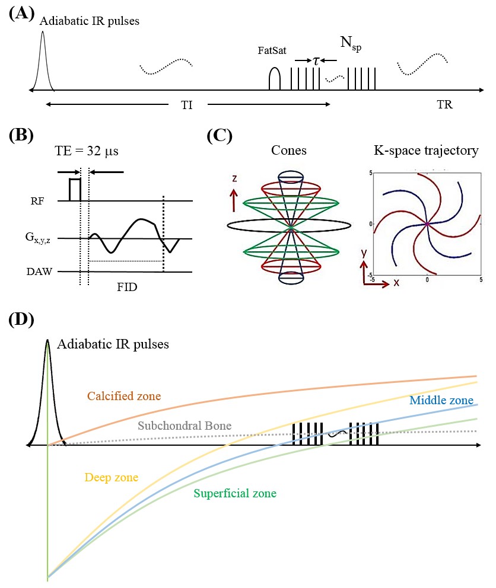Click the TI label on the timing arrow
click(x=187, y=105)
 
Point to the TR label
click(x=444, y=105)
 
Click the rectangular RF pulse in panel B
click(x=74, y=188)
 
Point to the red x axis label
click(x=396, y=283)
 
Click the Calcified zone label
click(x=124, y=395)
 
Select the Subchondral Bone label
click(x=184, y=425)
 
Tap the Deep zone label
click(x=112, y=477)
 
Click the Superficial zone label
click(x=235, y=493)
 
